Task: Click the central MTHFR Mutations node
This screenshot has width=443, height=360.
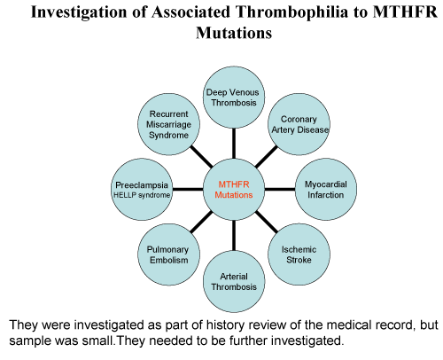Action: pyautogui.click(x=234, y=190)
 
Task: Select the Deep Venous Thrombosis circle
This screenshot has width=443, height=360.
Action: pyautogui.click(x=234, y=98)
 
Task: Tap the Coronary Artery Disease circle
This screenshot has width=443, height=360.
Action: pyautogui.click(x=299, y=124)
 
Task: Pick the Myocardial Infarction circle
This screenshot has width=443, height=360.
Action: pyautogui.click(x=326, y=190)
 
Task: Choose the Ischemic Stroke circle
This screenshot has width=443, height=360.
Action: pyautogui.click(x=299, y=254)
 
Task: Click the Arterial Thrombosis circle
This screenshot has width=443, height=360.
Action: pyautogui.click(x=234, y=281)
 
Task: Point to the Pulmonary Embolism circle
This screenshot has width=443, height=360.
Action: pyautogui.click(x=168, y=254)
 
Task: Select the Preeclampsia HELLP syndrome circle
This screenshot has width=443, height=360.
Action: pyautogui.click(x=142, y=190)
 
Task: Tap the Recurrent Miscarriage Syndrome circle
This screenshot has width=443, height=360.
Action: pyautogui.click(x=168, y=124)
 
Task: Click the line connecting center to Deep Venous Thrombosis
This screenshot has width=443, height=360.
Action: pyautogui.click(x=234, y=144)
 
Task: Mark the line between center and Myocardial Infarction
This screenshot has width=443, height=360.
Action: pyautogui.click(x=280, y=189)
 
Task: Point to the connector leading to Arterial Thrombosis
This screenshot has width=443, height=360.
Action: pyautogui.click(x=234, y=236)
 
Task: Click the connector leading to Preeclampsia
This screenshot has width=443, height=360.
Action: pyautogui.click(x=188, y=189)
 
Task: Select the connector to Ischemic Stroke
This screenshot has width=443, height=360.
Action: pyautogui.click(x=267, y=222)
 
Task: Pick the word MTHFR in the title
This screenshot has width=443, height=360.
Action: pyautogui.click(x=405, y=12)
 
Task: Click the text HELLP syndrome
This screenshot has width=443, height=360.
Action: pyautogui.click(x=142, y=195)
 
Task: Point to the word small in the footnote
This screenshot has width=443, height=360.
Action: pyautogui.click(x=97, y=340)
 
